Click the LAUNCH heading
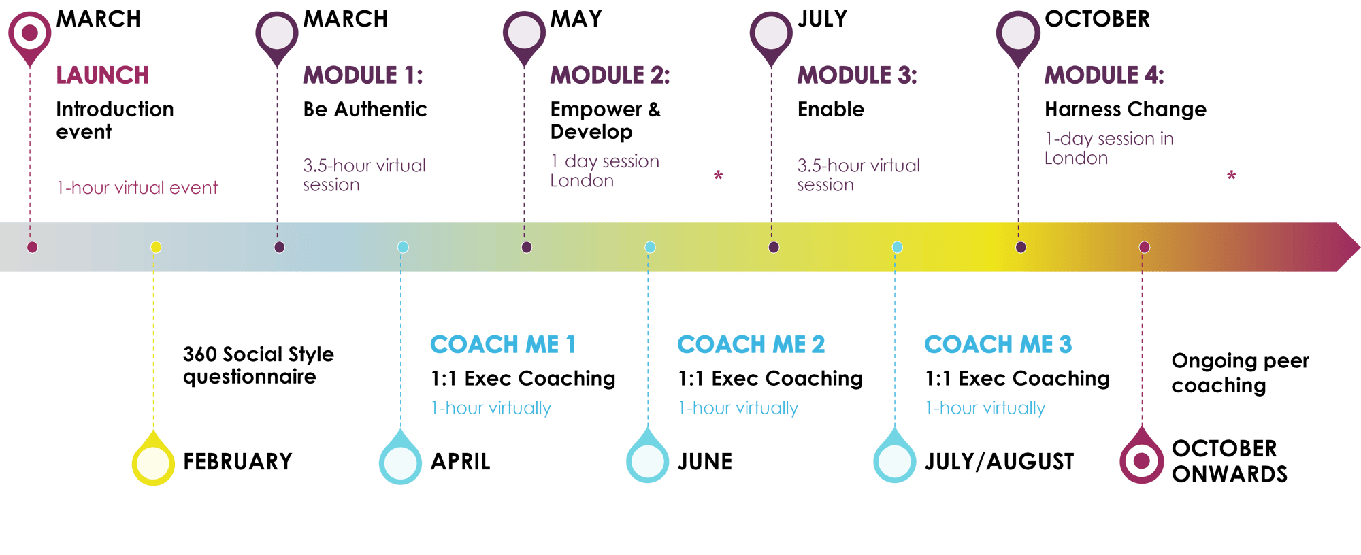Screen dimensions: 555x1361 [102, 75]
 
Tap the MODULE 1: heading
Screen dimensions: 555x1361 [363, 75]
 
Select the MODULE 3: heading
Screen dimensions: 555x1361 [857, 75]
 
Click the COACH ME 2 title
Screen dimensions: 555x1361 [751, 345]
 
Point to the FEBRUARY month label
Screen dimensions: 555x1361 [237, 462]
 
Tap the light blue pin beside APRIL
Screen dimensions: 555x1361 [400, 461]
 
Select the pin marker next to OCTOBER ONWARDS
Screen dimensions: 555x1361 [1141, 460]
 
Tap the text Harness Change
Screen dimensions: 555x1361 [1125, 110]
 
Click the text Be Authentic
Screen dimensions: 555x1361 [365, 110]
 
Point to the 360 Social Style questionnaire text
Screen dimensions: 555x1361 [258, 365]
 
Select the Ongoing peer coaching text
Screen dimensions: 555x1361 [1239, 373]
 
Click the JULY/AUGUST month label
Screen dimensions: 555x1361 [999, 462]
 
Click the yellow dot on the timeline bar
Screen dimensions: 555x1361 [156, 247]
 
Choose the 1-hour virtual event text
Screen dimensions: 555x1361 [137, 188]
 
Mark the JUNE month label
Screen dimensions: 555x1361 [705, 462]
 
